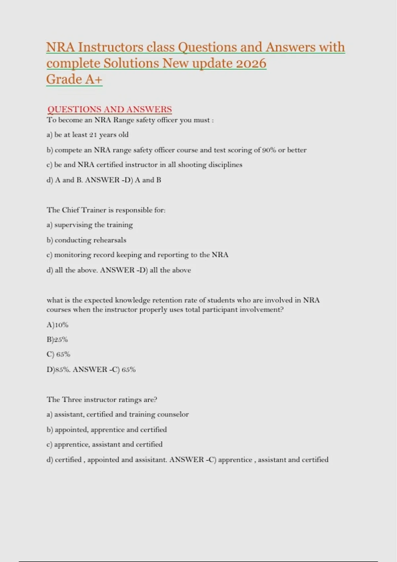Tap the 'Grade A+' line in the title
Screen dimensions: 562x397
(x=74, y=79)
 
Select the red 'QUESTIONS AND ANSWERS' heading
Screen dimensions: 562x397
(x=110, y=109)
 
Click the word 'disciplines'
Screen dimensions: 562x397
(x=227, y=165)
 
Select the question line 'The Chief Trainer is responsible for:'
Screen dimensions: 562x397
(x=106, y=210)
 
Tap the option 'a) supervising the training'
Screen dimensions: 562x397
(x=90, y=225)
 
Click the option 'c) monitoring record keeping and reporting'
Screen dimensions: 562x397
(x=137, y=255)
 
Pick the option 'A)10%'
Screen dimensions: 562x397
(x=57, y=325)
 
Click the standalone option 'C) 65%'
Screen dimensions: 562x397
(x=58, y=354)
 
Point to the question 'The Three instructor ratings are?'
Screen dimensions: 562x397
(x=102, y=399)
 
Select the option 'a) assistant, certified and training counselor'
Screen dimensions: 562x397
(x=117, y=414)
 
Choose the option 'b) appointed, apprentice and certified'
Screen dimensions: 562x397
(x=107, y=429)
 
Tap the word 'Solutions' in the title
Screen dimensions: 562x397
(x=131, y=63)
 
